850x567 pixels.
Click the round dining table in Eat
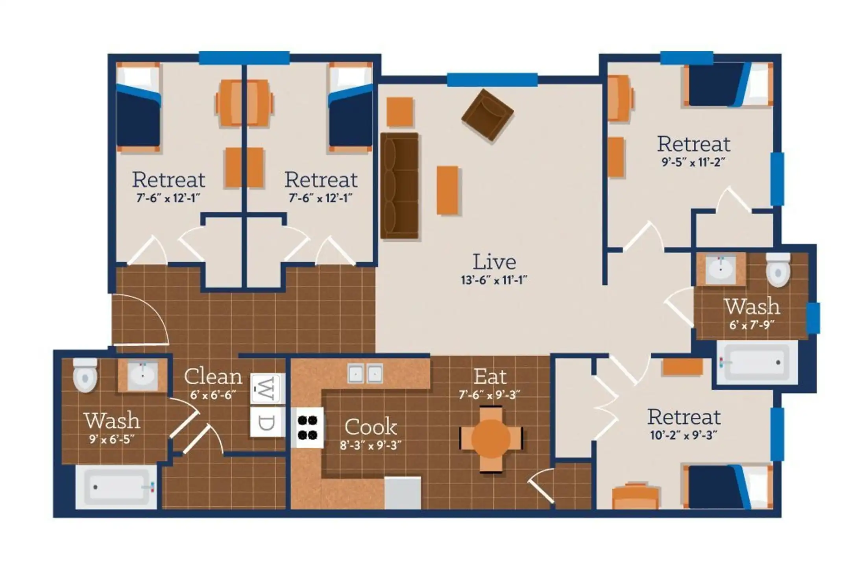click(x=491, y=439)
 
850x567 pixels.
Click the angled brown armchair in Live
click(x=487, y=115)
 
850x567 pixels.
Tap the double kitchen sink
click(x=365, y=373)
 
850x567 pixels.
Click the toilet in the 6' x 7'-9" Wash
click(x=778, y=270)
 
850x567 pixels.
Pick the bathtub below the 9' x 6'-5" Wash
click(x=116, y=487)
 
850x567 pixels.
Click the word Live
click(x=494, y=262)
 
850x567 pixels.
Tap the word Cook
click(x=371, y=427)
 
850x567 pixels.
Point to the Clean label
click(x=213, y=376)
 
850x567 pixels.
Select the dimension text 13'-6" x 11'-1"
click(x=494, y=280)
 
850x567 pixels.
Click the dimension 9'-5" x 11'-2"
click(x=693, y=162)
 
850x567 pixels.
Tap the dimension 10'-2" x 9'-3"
click(x=684, y=435)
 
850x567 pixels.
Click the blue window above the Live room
click(x=492, y=80)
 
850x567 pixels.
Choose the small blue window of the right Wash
click(x=814, y=318)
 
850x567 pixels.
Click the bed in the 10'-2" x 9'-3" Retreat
click(x=728, y=487)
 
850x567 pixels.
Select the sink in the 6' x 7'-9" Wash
click(x=721, y=269)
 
